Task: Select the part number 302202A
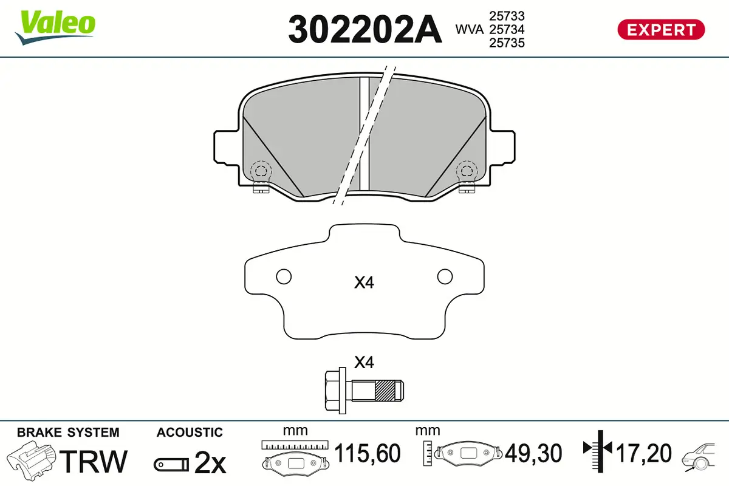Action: (364, 29)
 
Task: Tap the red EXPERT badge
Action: (661, 29)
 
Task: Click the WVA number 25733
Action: (507, 16)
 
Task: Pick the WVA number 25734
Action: (507, 29)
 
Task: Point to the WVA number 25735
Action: (507, 43)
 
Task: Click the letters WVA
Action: (470, 29)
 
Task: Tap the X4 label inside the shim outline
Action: (363, 282)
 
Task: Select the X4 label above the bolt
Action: (363, 363)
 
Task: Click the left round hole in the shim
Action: (284, 276)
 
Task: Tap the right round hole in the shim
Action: (445, 276)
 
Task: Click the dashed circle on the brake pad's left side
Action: (261, 171)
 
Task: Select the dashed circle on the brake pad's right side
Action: (467, 171)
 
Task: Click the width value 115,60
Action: (368, 453)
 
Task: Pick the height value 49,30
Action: (533, 453)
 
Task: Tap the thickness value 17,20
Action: (644, 453)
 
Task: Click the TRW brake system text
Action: (95, 461)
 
